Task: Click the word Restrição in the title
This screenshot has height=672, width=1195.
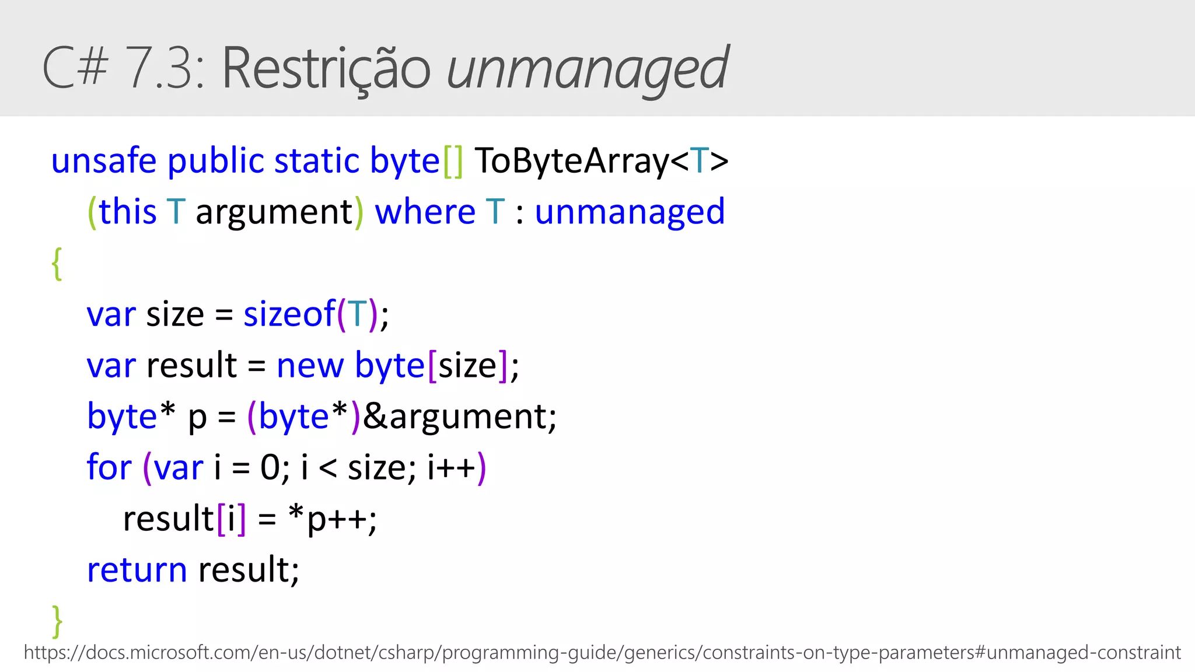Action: point(326,69)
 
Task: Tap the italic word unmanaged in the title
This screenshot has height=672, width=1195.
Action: point(587,69)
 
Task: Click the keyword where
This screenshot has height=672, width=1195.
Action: point(425,211)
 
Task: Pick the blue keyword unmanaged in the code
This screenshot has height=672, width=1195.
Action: point(630,211)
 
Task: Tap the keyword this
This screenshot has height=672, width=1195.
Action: point(128,211)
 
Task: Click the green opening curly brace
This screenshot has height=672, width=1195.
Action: point(57,264)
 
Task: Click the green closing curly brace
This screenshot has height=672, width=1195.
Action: point(57,621)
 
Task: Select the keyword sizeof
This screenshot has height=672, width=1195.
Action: point(289,314)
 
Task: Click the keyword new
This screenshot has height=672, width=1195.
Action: point(310,366)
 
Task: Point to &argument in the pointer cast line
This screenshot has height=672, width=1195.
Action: point(459,416)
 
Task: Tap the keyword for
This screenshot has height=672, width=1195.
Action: point(109,467)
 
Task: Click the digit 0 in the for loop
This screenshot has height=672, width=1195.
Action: point(270,467)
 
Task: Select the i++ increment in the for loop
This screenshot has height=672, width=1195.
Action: point(451,467)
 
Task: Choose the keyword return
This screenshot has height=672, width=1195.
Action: point(137,569)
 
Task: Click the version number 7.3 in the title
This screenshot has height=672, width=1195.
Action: point(165,69)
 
